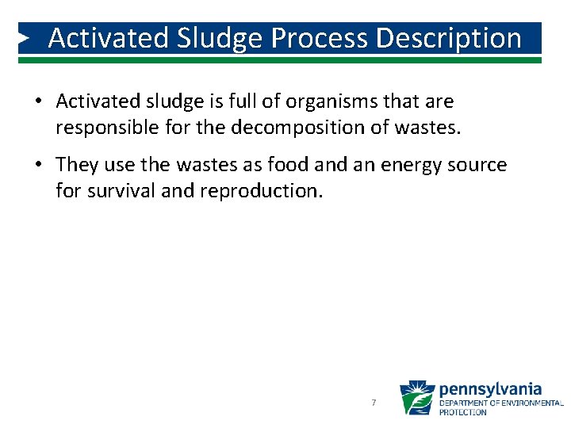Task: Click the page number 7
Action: [373, 403]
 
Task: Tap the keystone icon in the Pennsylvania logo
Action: [416, 398]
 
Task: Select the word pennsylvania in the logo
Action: [490, 389]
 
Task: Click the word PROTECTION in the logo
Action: [462, 412]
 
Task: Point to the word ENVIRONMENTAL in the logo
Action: [524, 403]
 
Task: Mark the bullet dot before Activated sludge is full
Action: [37, 102]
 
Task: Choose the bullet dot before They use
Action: [37, 166]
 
